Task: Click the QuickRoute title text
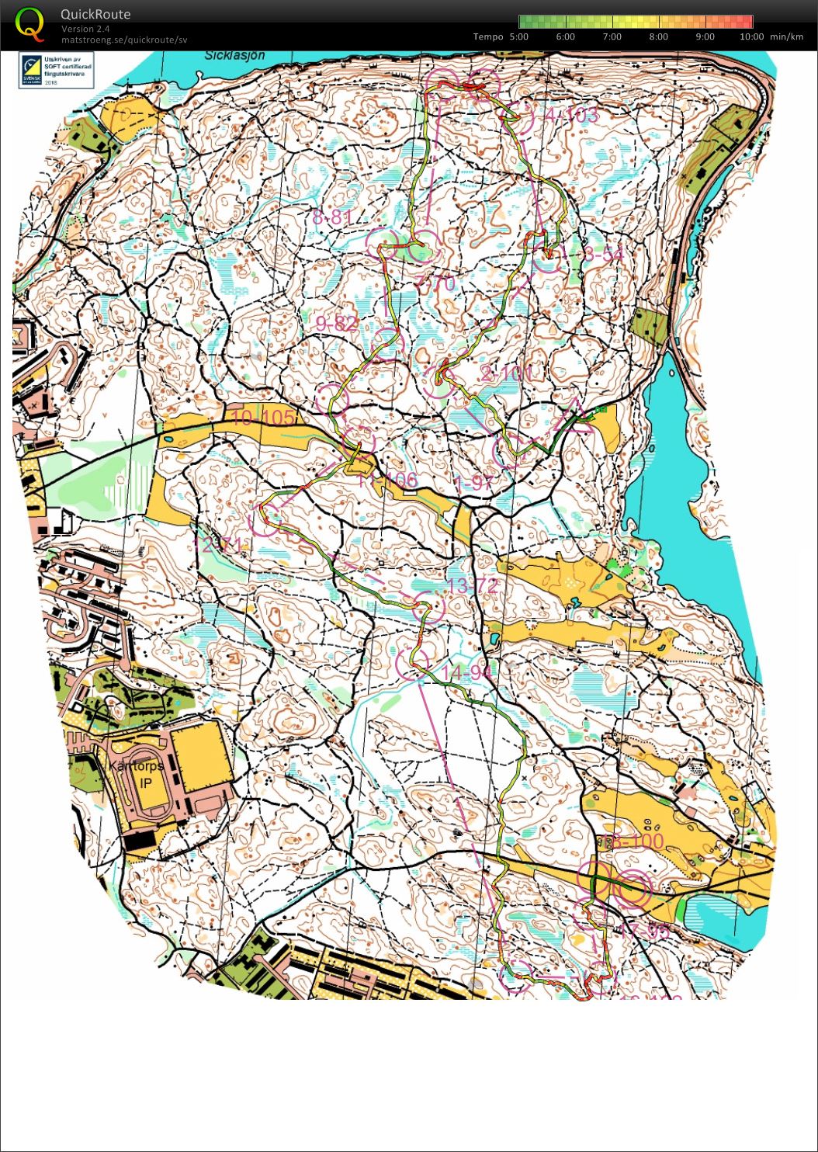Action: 95,14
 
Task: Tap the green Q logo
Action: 29,23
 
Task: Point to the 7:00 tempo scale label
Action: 612,36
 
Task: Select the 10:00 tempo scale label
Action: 751,36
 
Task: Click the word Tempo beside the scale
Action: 487,36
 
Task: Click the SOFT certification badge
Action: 56,69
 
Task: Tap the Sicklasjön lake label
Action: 235,56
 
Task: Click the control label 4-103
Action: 571,116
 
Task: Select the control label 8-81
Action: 332,217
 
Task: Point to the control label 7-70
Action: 435,284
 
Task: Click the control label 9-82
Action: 337,324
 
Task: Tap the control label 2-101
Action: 507,373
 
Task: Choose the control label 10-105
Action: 263,418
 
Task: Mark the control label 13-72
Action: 472,585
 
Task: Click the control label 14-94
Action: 466,671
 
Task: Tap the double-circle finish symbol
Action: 632,890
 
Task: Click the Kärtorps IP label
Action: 137,773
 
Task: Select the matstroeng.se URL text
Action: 124,40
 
